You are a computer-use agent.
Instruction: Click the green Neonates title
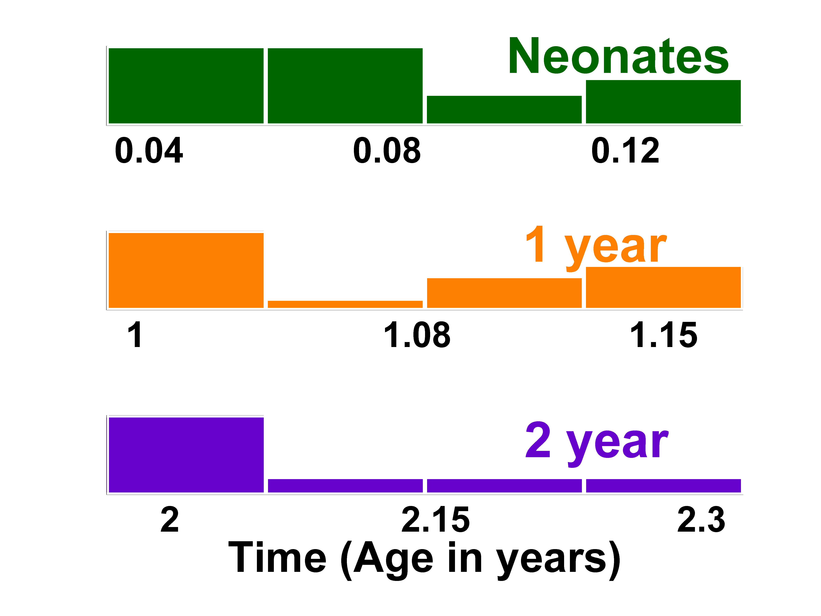coord(618,56)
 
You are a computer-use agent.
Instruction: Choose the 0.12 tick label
coord(625,151)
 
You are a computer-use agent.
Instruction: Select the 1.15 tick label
coord(664,335)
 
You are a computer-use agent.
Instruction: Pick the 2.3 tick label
coord(701,520)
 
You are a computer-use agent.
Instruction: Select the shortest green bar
coord(504,110)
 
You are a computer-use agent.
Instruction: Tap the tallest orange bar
coord(186,270)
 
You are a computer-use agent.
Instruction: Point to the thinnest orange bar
coord(345,304)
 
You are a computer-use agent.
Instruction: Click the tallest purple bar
coord(186,455)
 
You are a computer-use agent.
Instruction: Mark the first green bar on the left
coord(186,86)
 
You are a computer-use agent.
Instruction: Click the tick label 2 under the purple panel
coord(170,520)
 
